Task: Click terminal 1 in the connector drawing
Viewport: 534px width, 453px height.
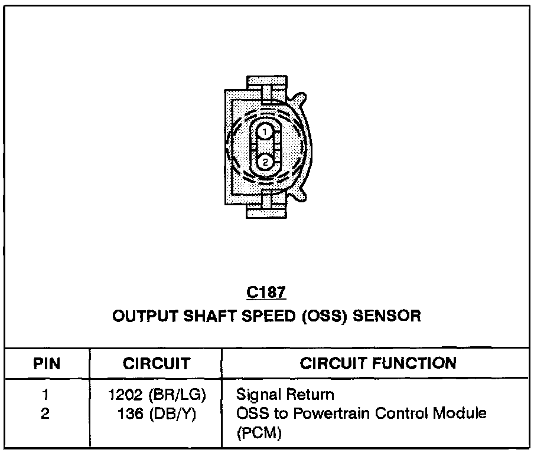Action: [x=265, y=132]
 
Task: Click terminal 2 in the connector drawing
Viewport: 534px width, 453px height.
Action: [x=265, y=160]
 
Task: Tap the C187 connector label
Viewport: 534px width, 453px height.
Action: [x=266, y=292]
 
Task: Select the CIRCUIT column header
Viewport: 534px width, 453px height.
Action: [x=157, y=363]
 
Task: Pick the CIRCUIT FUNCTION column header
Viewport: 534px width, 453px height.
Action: [x=379, y=363]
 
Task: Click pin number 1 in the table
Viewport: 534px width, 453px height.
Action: [x=46, y=395]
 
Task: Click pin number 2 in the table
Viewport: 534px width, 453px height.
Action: [x=46, y=413]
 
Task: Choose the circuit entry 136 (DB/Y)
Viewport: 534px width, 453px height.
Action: [x=156, y=413]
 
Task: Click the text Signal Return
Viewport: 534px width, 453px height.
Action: [x=285, y=395]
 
